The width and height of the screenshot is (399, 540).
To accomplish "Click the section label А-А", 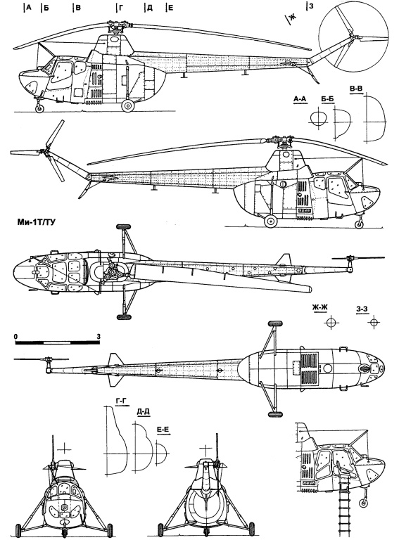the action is [x=300, y=99].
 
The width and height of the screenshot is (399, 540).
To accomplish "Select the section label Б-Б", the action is [x=327, y=100].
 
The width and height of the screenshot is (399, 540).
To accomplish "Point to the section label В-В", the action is [x=356, y=89].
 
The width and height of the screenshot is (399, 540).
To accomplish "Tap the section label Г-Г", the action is [x=119, y=401].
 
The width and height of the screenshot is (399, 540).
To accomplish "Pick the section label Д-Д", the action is [x=144, y=411].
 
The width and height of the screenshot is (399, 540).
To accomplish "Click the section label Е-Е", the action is [x=163, y=430].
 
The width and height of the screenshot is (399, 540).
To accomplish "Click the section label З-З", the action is [x=362, y=309].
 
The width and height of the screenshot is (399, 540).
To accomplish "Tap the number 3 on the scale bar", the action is [x=99, y=337].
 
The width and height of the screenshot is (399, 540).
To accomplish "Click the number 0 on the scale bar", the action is [x=16, y=337].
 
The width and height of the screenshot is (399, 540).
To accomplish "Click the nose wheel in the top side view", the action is [x=40, y=108].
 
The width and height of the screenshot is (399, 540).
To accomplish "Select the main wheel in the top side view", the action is [x=128, y=105].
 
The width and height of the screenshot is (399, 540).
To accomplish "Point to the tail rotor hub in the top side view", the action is [x=353, y=37].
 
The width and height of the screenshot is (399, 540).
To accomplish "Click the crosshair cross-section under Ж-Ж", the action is [x=331, y=322].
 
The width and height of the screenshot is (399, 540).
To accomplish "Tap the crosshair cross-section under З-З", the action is [x=374, y=322].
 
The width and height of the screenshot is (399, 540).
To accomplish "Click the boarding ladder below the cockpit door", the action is [x=343, y=506].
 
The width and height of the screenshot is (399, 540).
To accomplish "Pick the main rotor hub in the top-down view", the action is [x=111, y=272].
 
